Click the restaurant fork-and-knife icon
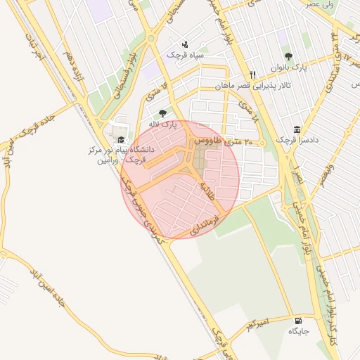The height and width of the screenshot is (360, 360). coord(252,75)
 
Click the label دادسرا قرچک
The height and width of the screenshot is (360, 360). coord(297,140)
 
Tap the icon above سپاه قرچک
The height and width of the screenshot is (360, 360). coord(184,43)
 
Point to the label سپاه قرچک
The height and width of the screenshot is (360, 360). coord(184,53)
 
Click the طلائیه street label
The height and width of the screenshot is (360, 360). coord(208,191)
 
